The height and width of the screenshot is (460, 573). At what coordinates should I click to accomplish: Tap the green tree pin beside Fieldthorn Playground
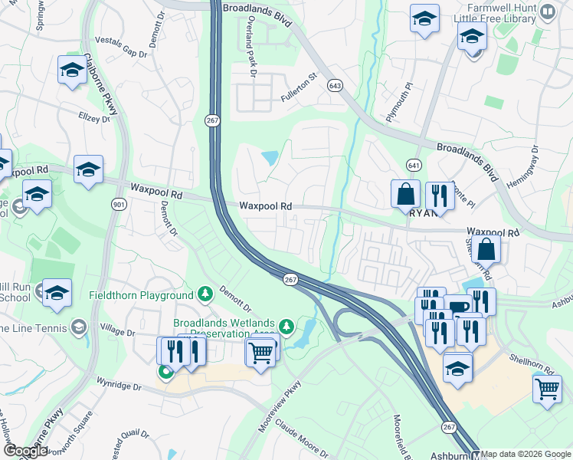tap(205, 294)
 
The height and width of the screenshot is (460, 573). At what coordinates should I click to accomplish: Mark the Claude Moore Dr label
tap(302, 436)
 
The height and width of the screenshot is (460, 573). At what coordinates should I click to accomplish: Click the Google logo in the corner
tap(25, 451)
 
